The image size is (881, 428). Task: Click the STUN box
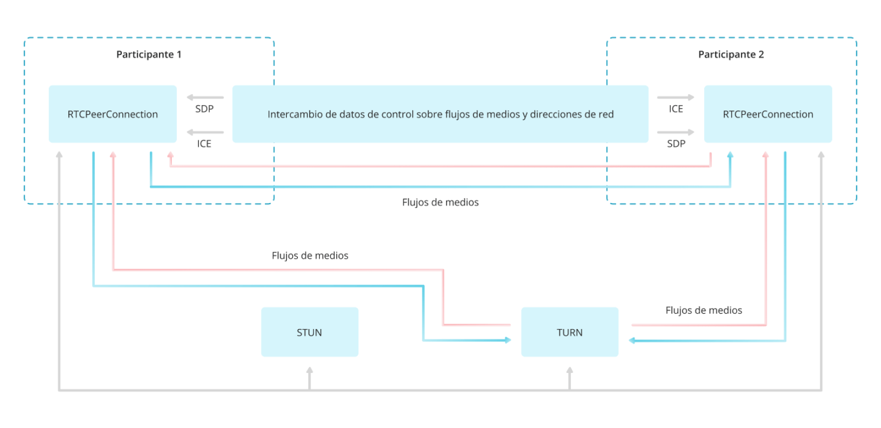click(x=309, y=332)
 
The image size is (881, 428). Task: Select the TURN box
click(x=569, y=332)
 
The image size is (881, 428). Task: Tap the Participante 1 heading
click(x=149, y=54)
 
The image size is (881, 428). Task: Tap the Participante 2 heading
click(x=731, y=54)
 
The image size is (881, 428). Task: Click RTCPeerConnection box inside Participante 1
click(x=112, y=114)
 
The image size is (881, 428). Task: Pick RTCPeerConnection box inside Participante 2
click(x=768, y=114)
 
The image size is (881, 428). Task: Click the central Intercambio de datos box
click(x=440, y=114)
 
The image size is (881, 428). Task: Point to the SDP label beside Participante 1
click(x=204, y=109)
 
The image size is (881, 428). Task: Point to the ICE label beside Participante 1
click(x=204, y=144)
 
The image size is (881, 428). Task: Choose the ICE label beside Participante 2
click(x=676, y=109)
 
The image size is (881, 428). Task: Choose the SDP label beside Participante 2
click(x=676, y=144)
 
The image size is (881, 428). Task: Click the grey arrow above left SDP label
click(x=205, y=97)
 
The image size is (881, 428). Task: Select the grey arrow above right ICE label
click(x=676, y=97)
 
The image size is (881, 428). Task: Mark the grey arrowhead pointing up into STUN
click(x=309, y=370)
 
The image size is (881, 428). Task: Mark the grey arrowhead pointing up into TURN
click(x=569, y=370)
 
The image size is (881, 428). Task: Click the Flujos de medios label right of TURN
click(x=704, y=310)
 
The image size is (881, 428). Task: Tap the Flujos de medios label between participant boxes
click(x=440, y=202)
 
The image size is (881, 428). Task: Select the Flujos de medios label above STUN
click(x=310, y=255)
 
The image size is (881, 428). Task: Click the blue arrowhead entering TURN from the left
click(x=508, y=340)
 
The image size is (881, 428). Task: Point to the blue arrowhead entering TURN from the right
click(x=632, y=341)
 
